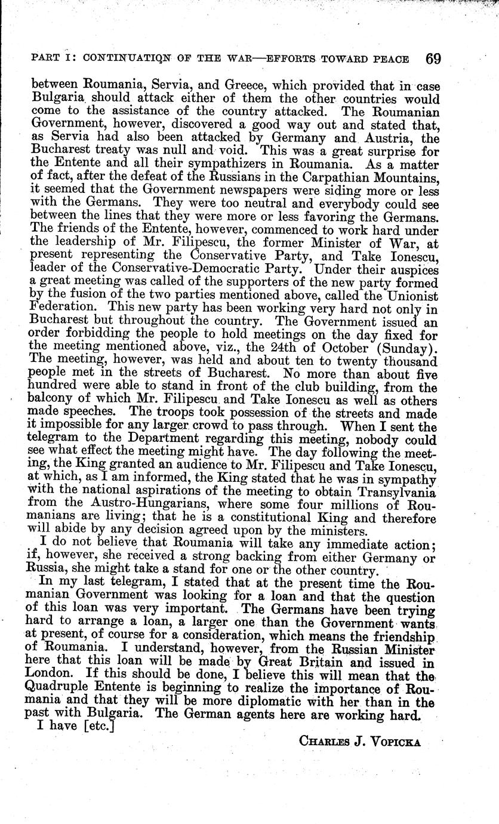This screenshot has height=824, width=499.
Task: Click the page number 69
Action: pos(433,59)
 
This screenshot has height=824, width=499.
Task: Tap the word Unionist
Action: pos(412,294)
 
